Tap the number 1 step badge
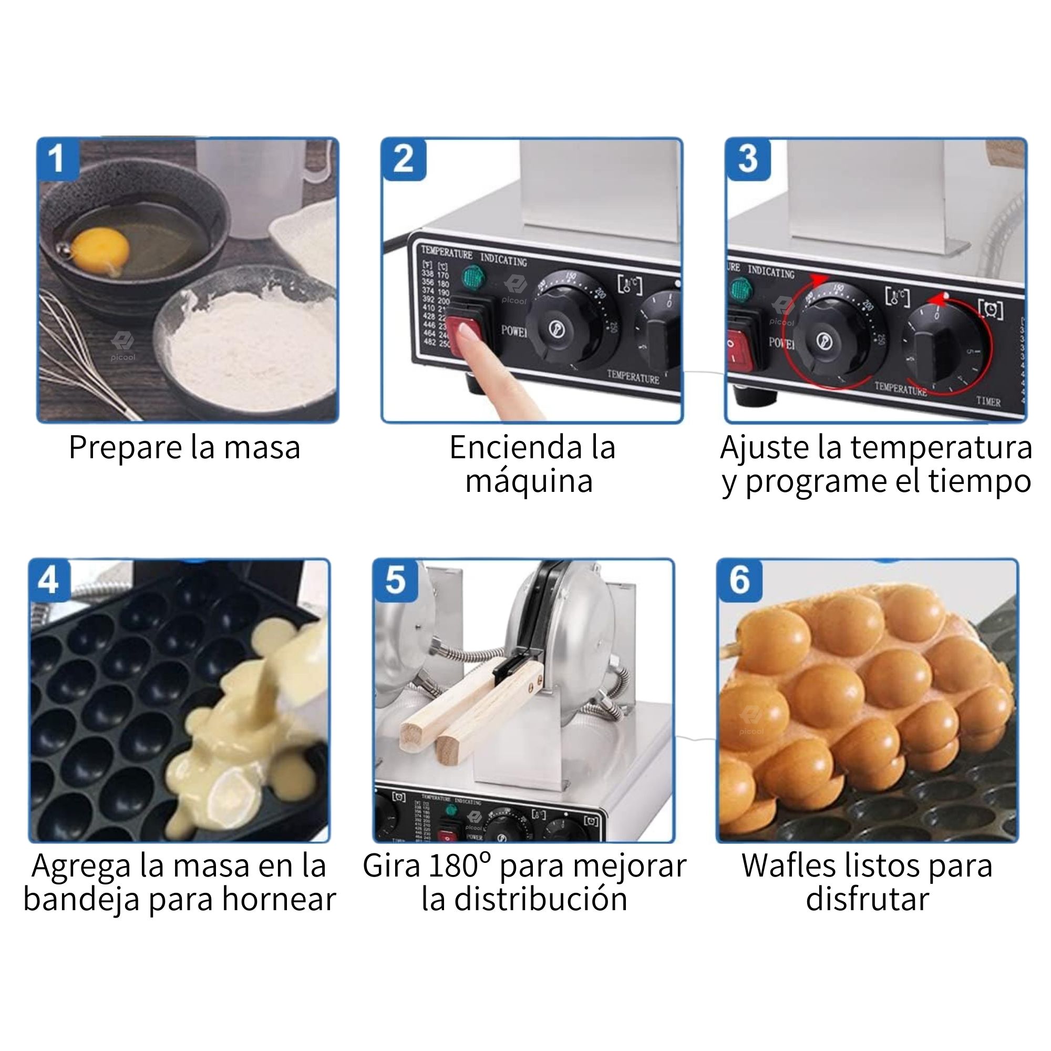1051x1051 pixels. point(57,159)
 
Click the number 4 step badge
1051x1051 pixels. point(49,580)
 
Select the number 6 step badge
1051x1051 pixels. point(739,580)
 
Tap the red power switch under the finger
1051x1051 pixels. point(466,326)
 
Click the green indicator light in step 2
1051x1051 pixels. point(473,277)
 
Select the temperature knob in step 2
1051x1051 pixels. point(566,326)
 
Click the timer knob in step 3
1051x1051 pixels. point(941,345)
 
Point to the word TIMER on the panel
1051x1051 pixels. point(988,401)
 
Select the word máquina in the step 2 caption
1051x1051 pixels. point(529,481)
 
